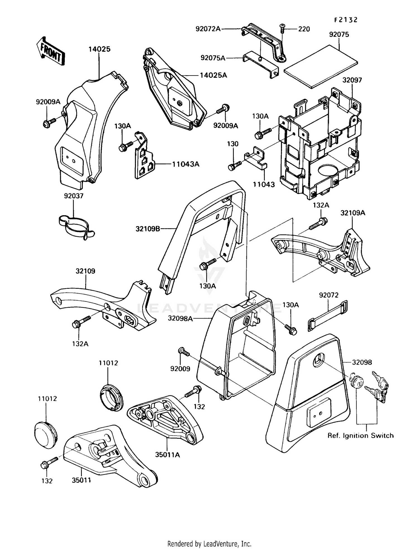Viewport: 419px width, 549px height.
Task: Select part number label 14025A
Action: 213,75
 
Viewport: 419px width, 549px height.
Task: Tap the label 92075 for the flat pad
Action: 339,34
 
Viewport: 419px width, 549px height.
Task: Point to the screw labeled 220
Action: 282,29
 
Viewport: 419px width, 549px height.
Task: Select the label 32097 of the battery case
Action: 352,80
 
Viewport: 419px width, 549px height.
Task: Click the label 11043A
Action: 185,164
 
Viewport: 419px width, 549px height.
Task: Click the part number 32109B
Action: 148,229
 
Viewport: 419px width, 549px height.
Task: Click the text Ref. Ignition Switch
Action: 360,435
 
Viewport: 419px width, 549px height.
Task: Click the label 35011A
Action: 168,455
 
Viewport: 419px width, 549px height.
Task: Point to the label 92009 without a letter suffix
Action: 180,369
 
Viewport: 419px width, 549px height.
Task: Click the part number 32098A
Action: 180,318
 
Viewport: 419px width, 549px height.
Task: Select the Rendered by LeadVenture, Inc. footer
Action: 209,544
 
